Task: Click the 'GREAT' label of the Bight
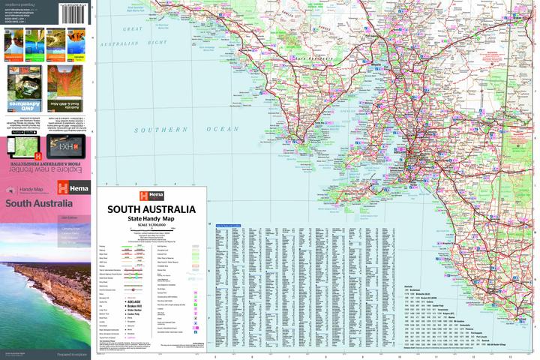(x=133, y=28)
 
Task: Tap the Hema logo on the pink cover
(x=75, y=188)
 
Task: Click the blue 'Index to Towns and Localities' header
(x=228, y=225)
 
